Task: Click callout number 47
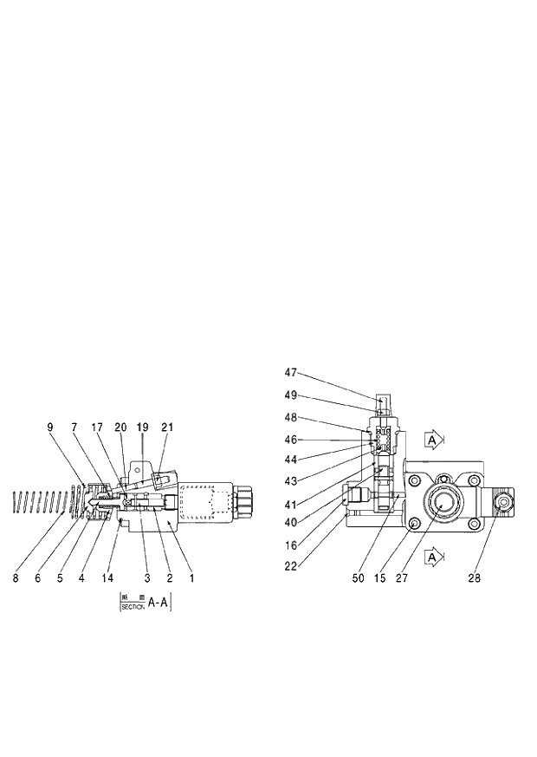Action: (x=291, y=372)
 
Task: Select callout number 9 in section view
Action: (x=50, y=427)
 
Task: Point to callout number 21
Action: (x=167, y=427)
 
